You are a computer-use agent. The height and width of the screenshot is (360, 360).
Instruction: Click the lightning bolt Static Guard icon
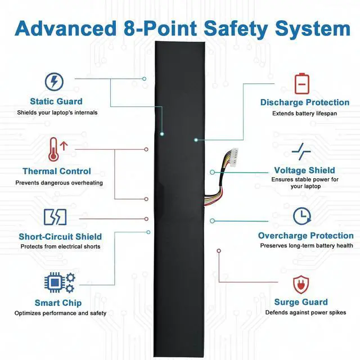point(54,82)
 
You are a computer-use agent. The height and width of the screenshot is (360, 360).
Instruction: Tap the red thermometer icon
point(55,150)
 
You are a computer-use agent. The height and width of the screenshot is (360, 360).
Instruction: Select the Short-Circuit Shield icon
point(55,217)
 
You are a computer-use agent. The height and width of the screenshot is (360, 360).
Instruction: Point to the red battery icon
point(302,83)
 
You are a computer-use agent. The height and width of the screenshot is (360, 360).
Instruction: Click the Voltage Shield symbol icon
point(302,150)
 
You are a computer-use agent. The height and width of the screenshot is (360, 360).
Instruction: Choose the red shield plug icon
point(301,283)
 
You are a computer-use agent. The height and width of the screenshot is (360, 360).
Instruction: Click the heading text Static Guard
point(56,102)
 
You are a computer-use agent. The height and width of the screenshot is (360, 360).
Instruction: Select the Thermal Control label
point(56,171)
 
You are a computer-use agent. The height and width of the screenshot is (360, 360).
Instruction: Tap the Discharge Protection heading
point(304,102)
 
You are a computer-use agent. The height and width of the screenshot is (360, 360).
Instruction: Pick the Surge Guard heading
point(301,302)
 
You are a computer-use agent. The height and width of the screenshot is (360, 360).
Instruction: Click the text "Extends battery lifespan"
point(305,113)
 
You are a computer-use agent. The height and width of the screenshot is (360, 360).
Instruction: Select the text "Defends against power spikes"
point(305,313)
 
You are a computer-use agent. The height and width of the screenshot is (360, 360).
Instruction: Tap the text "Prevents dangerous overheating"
point(59,183)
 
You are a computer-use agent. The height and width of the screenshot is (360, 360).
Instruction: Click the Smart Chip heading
point(58,303)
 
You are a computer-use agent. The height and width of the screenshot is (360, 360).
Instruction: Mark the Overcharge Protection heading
point(305,236)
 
